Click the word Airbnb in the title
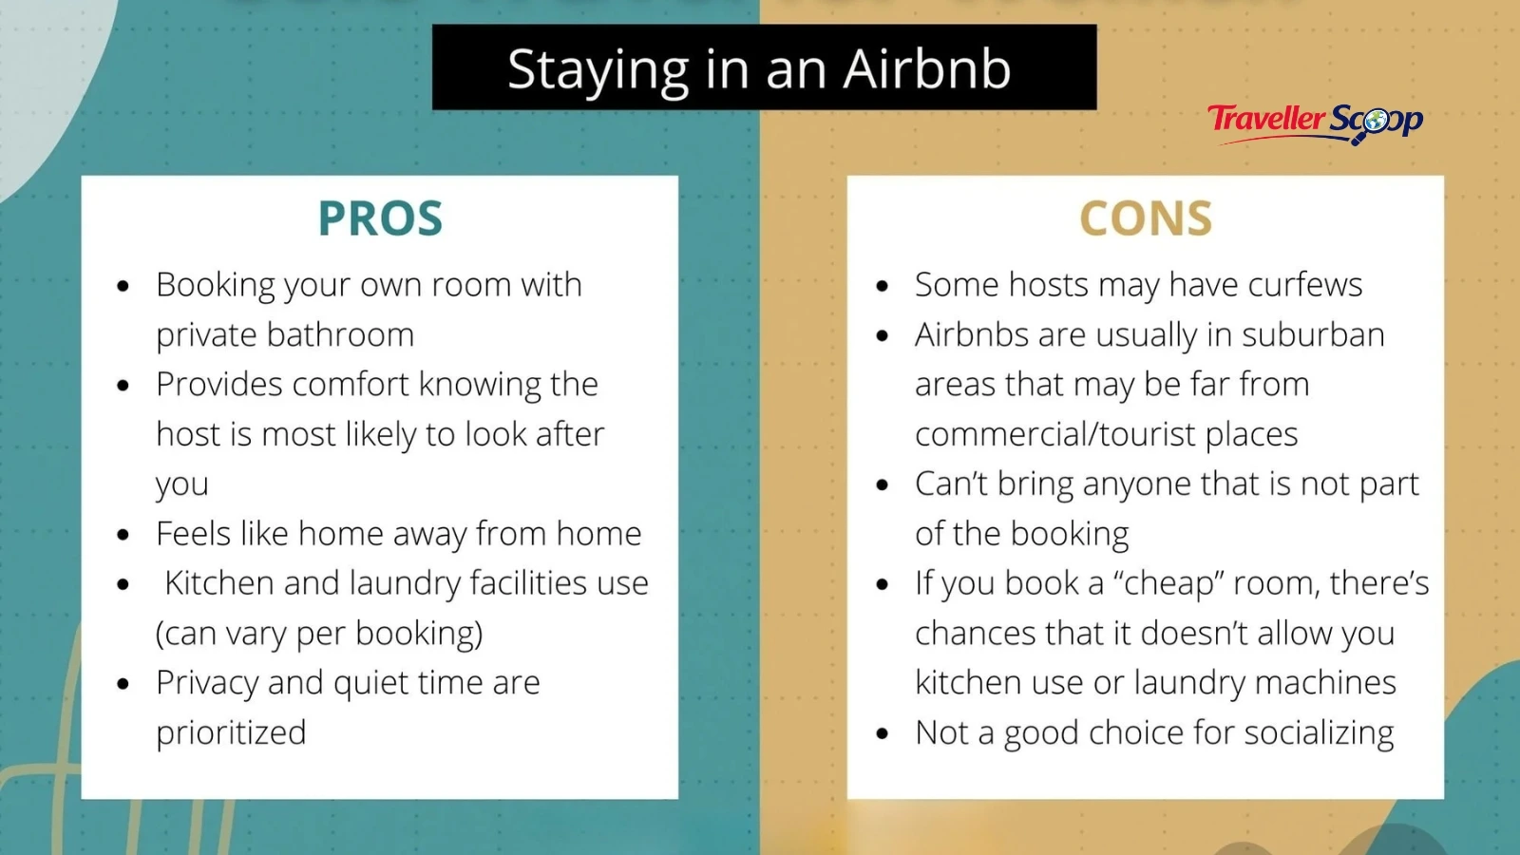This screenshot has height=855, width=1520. tap(927, 69)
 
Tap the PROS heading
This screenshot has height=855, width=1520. tap(380, 218)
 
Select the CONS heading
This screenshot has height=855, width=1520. tap(1146, 218)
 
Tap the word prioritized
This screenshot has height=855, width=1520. tap(231, 732)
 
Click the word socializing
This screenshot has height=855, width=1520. tap(1319, 732)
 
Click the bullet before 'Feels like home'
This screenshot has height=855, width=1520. tap(123, 535)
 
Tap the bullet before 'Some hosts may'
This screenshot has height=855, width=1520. tap(883, 286)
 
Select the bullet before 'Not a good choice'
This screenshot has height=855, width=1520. tap(883, 734)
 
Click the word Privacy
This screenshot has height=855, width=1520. tap(207, 683)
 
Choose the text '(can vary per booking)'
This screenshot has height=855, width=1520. tap(319, 633)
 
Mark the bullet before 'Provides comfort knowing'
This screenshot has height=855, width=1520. tap(123, 386)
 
